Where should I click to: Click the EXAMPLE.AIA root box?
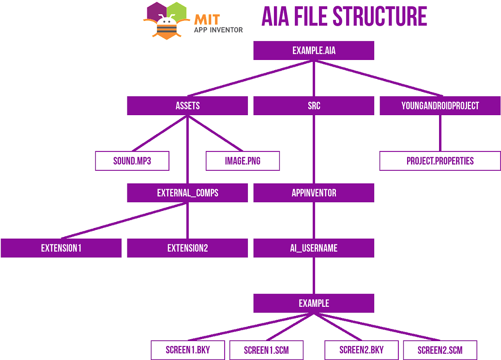[314, 51]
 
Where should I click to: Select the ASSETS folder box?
[187, 106]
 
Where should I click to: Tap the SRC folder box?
[314, 106]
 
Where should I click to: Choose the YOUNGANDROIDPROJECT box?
[440, 106]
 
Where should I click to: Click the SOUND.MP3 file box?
[132, 161]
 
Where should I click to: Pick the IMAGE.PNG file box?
[243, 161]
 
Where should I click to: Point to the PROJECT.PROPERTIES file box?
[440, 161]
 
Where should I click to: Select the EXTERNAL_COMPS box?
[187, 193]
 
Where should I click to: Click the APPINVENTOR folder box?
[314, 193]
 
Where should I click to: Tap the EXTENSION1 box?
[61, 248]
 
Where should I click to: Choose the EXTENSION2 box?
[187, 248]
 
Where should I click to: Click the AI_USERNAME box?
[314, 248]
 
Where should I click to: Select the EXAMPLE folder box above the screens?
[314, 303]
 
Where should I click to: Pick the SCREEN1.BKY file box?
[188, 350]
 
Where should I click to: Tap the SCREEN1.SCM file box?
[266, 350]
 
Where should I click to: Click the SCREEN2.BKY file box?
[361, 350]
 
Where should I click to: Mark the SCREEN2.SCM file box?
[440, 350]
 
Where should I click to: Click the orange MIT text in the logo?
[207, 19]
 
